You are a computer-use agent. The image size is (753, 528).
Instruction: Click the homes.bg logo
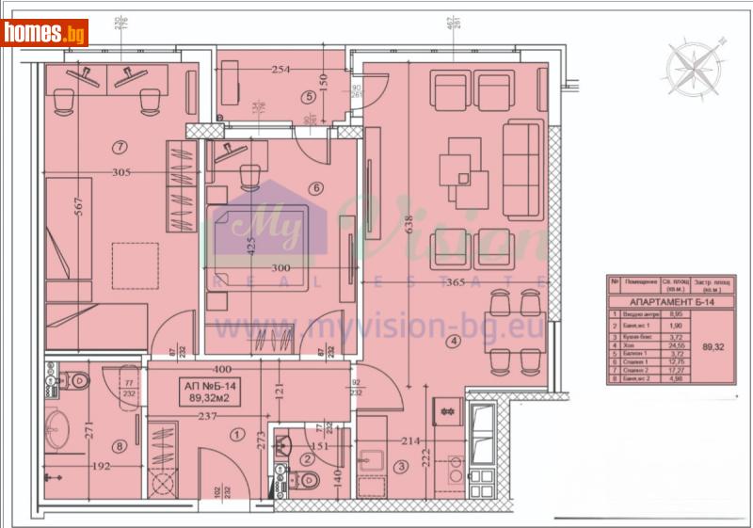point(45,33)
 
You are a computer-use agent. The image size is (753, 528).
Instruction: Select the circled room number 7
point(119,146)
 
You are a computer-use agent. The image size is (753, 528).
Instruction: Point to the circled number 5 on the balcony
point(308,96)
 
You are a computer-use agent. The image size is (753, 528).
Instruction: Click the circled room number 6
point(316,188)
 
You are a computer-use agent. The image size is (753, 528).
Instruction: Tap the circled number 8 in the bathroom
point(120,446)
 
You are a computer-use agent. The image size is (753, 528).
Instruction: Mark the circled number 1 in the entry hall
point(235,434)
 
